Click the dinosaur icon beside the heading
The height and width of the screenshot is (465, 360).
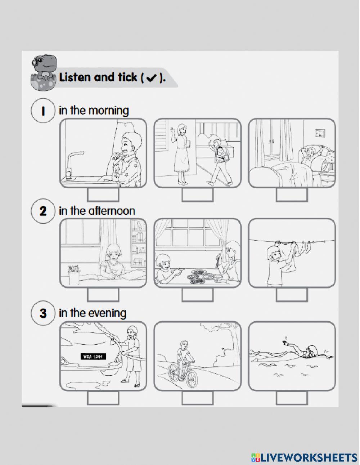[x=44, y=72]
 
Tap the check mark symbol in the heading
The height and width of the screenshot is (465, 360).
[x=151, y=78]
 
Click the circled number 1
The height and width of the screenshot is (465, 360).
[x=42, y=111]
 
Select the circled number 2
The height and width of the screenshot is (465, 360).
[x=42, y=211]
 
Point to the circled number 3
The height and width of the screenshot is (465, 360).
[x=42, y=313]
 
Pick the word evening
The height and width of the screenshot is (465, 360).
[x=107, y=313]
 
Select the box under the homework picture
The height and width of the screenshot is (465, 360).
[x=103, y=295]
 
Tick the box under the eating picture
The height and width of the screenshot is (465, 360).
[x=197, y=295]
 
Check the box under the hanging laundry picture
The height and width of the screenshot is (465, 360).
[x=292, y=295]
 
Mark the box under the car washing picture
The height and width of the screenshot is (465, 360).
[x=103, y=398]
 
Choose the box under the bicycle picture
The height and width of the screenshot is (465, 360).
[x=197, y=398]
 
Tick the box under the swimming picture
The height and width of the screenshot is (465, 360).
[x=292, y=398]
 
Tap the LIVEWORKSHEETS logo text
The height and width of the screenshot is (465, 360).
[x=308, y=457]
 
